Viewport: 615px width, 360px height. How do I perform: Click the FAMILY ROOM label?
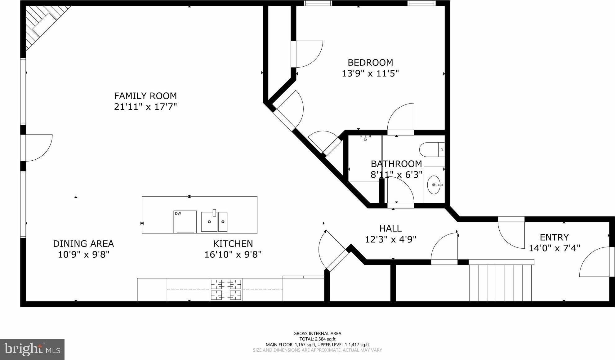tap(145, 96)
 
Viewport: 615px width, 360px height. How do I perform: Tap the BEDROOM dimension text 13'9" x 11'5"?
tap(370, 73)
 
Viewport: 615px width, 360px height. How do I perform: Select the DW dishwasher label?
tap(178, 214)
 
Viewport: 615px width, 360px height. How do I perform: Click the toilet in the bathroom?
tap(432, 150)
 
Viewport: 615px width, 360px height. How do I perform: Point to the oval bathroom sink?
tap(434, 185)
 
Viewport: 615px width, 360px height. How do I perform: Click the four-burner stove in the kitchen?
tap(226, 290)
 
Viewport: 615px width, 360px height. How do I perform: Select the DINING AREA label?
tap(83, 244)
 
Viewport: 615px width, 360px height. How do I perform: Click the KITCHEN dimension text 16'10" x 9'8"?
tap(233, 255)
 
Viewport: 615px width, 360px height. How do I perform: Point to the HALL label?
tap(390, 229)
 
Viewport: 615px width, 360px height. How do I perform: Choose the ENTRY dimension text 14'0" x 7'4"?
tap(555, 248)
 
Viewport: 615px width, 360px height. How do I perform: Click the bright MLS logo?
tap(32, 349)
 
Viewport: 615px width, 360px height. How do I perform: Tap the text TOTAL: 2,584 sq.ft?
tap(317, 339)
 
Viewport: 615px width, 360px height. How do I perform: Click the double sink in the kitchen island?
tap(214, 221)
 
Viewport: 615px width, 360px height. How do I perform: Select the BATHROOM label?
tap(396, 164)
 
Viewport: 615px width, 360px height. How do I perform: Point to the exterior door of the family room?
tap(37, 148)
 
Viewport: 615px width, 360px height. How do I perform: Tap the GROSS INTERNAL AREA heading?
tap(317, 334)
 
